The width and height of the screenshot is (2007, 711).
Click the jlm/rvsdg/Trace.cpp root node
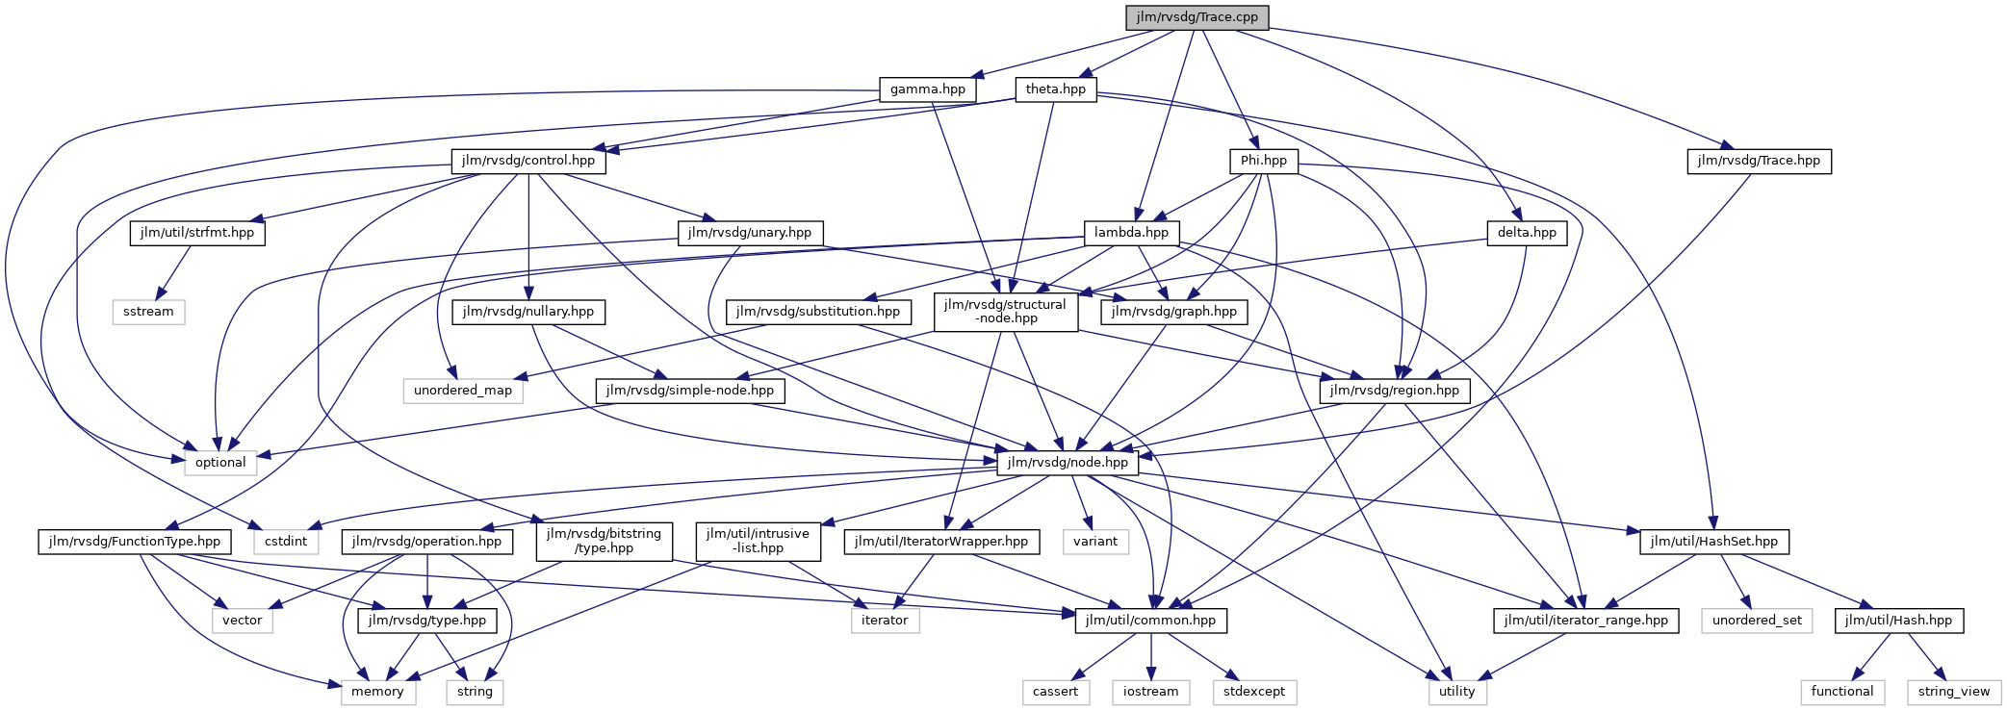tap(1196, 17)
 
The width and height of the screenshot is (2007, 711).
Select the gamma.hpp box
tap(927, 89)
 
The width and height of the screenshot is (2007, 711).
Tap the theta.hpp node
tap(1055, 89)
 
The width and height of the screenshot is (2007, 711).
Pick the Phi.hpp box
tap(1263, 161)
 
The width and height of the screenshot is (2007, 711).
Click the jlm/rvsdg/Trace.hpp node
tap(1758, 161)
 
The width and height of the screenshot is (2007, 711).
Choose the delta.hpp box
tap(1527, 233)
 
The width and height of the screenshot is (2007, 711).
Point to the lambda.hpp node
tap(1131, 233)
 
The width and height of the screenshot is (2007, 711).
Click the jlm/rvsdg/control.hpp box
tap(527, 161)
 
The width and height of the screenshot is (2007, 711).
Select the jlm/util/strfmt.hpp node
tap(196, 233)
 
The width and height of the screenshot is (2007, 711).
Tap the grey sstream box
tap(148, 312)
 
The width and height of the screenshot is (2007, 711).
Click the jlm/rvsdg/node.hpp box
tap(1068, 463)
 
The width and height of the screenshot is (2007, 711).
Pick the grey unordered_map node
tap(462, 391)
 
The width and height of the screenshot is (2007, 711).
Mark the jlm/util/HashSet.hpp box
tap(1713, 542)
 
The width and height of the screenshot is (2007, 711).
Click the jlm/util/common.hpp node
tap(1150, 621)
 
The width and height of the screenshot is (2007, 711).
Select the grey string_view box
tap(1953, 692)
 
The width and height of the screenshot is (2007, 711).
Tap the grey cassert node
tap(1055, 692)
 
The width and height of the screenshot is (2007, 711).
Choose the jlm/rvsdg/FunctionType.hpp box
tap(134, 542)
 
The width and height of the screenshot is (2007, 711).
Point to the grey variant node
tap(1095, 542)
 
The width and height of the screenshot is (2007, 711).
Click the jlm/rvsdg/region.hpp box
tap(1394, 391)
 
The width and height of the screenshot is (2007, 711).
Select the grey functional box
tap(1841, 692)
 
